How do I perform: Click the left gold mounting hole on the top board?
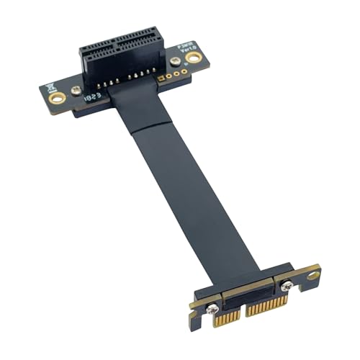(x=58, y=96)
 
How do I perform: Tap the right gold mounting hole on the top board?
(x=192, y=57)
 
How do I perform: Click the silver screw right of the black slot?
(x=175, y=62)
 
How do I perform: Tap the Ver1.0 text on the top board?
(x=179, y=47)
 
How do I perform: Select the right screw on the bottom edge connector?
(x=286, y=286)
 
